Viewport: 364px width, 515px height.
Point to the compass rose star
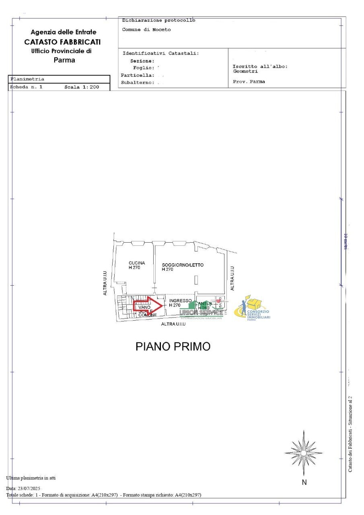point(304,453)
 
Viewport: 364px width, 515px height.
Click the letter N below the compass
point(304,482)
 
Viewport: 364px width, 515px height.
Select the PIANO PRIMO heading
point(173,346)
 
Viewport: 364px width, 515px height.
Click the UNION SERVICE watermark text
point(201,313)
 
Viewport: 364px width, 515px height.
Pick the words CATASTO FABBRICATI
point(62,42)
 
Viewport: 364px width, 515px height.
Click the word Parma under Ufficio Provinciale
point(64,60)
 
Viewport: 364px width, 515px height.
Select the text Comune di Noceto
point(146,30)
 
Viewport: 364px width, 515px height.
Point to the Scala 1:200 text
point(82,87)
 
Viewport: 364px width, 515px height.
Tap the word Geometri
point(245,71)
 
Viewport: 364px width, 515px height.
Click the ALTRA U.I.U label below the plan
point(173,324)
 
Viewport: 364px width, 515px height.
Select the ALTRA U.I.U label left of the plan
point(105,283)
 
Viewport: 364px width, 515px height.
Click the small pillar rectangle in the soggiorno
point(196,280)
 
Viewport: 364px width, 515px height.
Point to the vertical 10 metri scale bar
point(341,242)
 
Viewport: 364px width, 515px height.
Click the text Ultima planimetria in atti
point(31,478)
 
